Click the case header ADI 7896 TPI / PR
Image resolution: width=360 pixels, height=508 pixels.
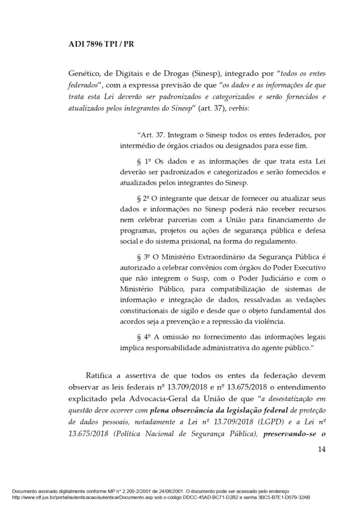100,43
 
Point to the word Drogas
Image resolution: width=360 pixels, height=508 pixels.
176,74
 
